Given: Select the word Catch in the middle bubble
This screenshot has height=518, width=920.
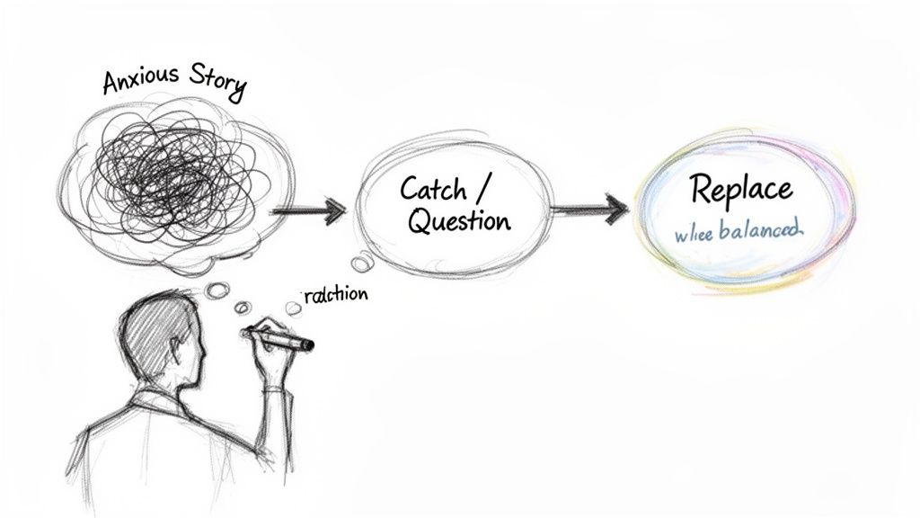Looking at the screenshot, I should (433, 189).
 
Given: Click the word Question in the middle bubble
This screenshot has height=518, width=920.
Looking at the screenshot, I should (459, 221).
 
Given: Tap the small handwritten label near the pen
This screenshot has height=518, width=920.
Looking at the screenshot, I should (335, 296).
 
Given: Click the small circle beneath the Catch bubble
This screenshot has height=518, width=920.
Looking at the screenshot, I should (362, 263).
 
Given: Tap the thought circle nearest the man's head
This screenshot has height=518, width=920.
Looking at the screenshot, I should (217, 289).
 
